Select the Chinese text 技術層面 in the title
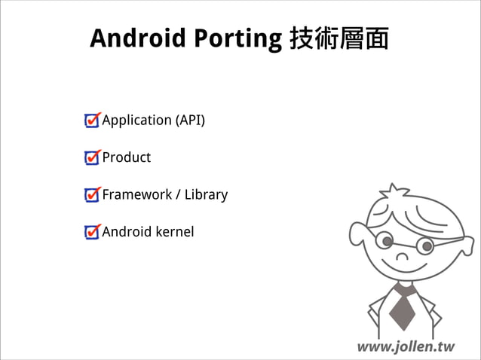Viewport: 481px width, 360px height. point(339,38)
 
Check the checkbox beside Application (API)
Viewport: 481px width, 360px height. point(92,121)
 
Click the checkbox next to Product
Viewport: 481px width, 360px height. point(92,157)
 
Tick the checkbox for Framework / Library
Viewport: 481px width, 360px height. point(92,194)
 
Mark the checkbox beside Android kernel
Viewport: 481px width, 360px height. point(92,231)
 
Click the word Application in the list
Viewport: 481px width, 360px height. point(136,121)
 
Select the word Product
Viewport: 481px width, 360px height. point(127,157)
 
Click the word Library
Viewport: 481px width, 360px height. point(206,194)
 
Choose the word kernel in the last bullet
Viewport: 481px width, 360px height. point(175,231)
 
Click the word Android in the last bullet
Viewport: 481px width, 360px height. point(127,231)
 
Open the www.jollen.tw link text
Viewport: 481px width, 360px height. point(406,346)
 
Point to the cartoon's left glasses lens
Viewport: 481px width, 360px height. point(386,241)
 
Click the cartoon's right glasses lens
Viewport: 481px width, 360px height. point(426,245)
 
